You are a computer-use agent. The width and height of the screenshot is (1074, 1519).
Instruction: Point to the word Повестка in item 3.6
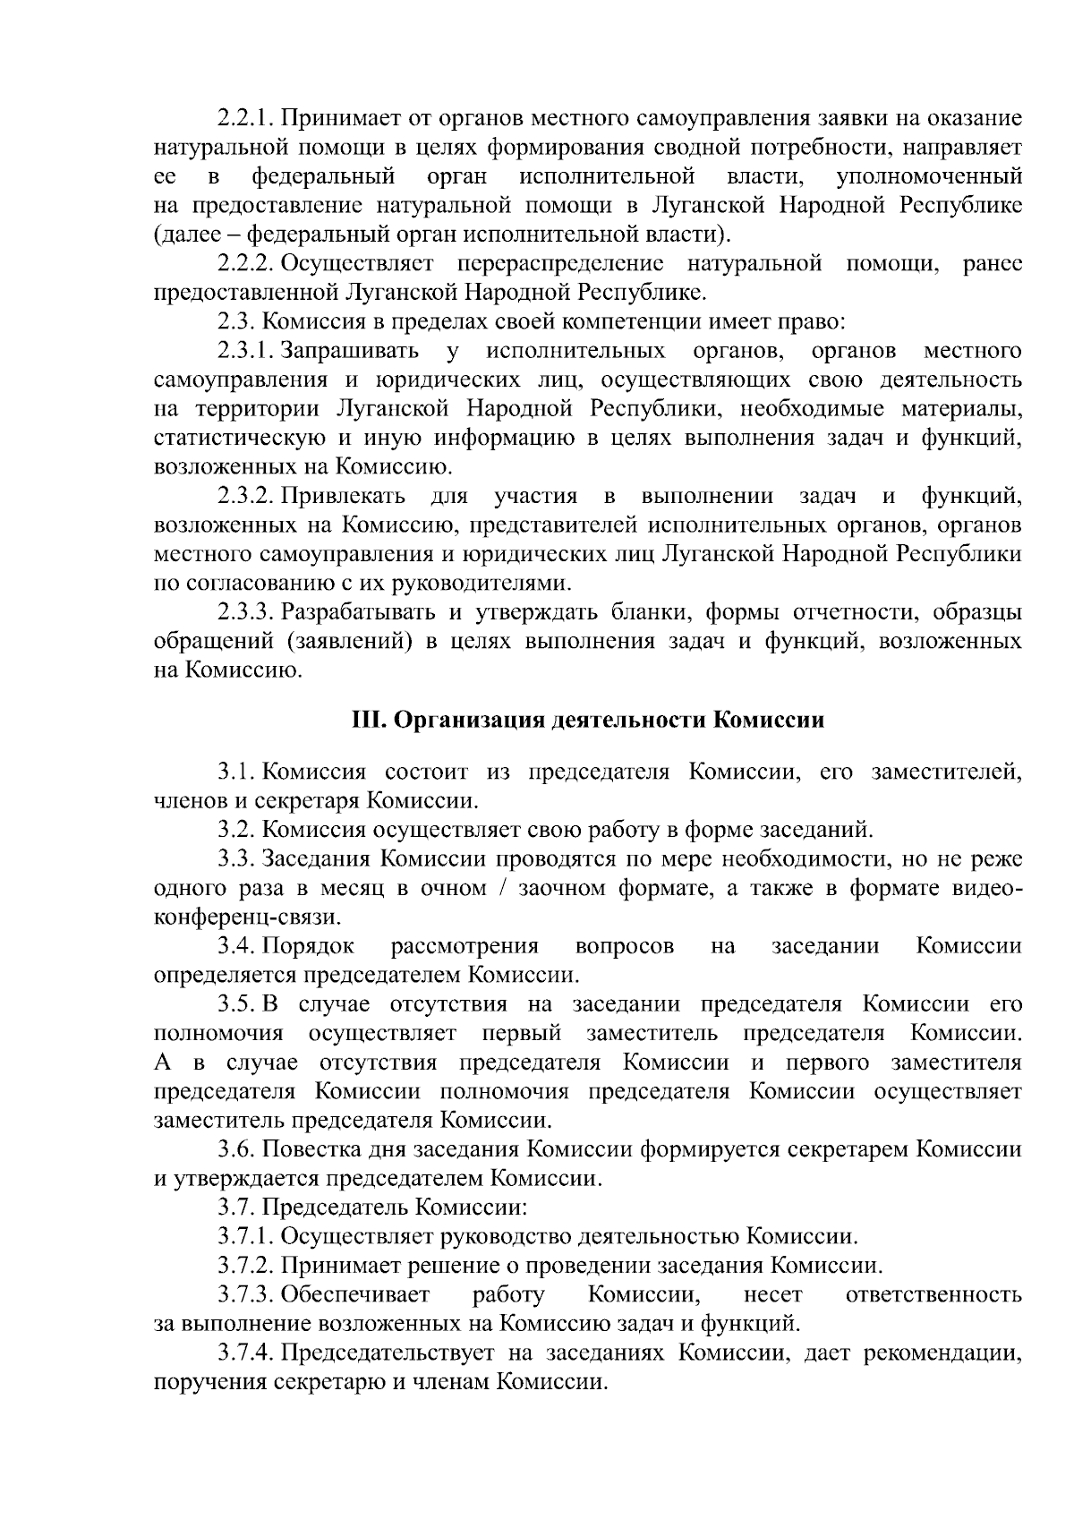pyautogui.click(x=307, y=1150)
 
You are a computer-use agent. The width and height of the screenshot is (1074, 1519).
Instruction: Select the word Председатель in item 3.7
pyautogui.click(x=335, y=1208)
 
